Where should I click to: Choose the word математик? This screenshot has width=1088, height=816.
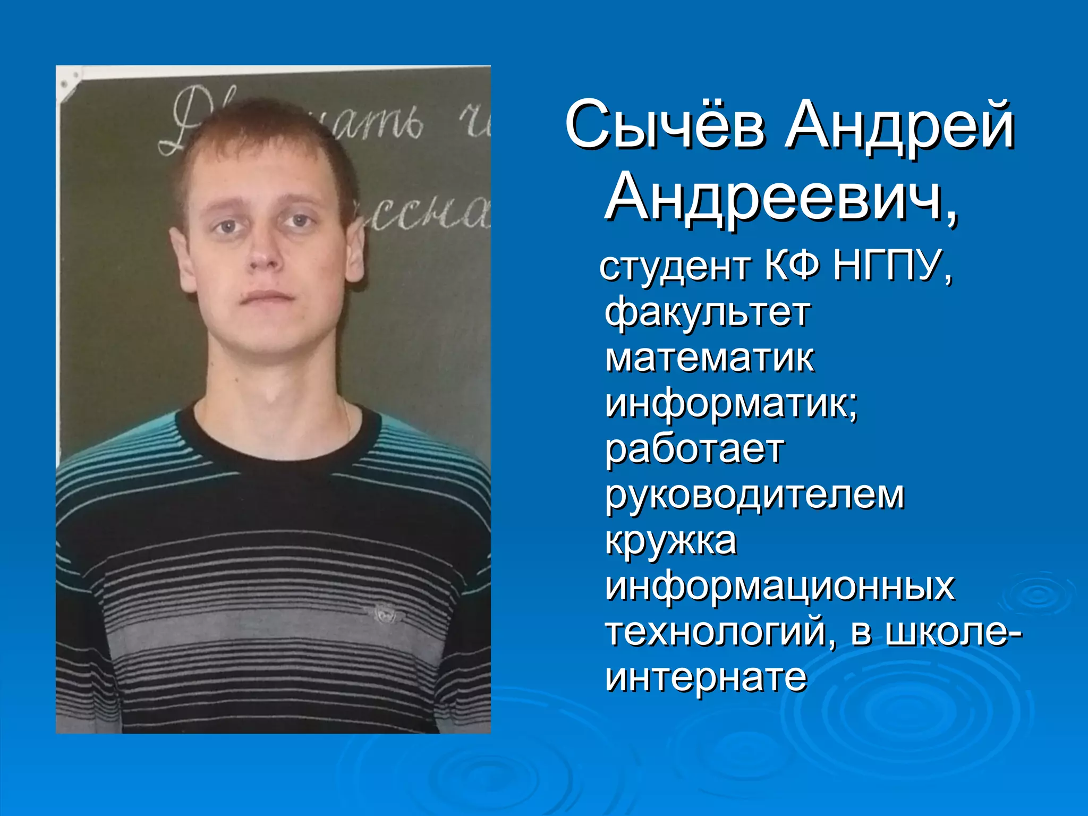(x=709, y=359)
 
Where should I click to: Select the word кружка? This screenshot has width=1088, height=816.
(x=671, y=542)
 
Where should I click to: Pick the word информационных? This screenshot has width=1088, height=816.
(x=780, y=587)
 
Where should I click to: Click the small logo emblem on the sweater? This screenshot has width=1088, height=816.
(x=383, y=614)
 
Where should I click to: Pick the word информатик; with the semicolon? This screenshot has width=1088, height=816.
(x=732, y=405)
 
